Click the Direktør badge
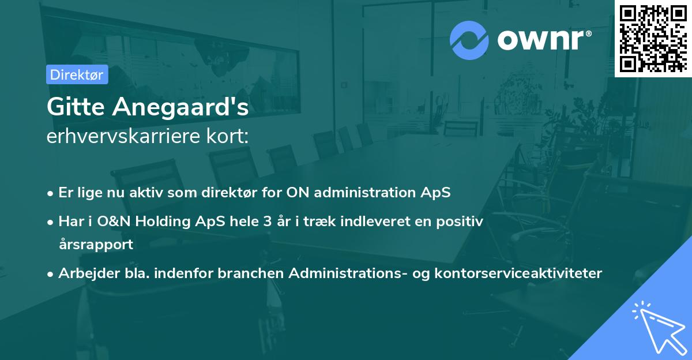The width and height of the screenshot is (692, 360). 77,74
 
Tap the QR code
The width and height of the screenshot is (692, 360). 653,38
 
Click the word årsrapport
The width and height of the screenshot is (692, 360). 96,244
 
